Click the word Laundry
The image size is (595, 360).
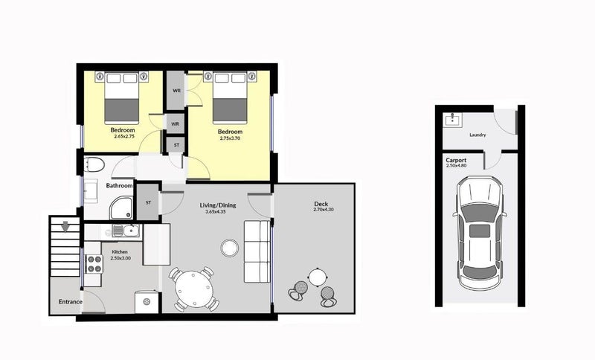coord(477,135)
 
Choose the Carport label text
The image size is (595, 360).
coord(457,160)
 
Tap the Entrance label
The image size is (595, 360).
coord(71,302)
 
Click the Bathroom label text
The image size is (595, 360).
coord(119,185)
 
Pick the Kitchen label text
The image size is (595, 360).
coord(120,252)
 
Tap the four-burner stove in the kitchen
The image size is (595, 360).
coord(94,263)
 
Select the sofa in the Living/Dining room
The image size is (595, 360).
coord(257,251)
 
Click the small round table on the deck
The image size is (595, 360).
coord(319,277)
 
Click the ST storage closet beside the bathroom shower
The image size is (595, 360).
coord(148,202)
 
